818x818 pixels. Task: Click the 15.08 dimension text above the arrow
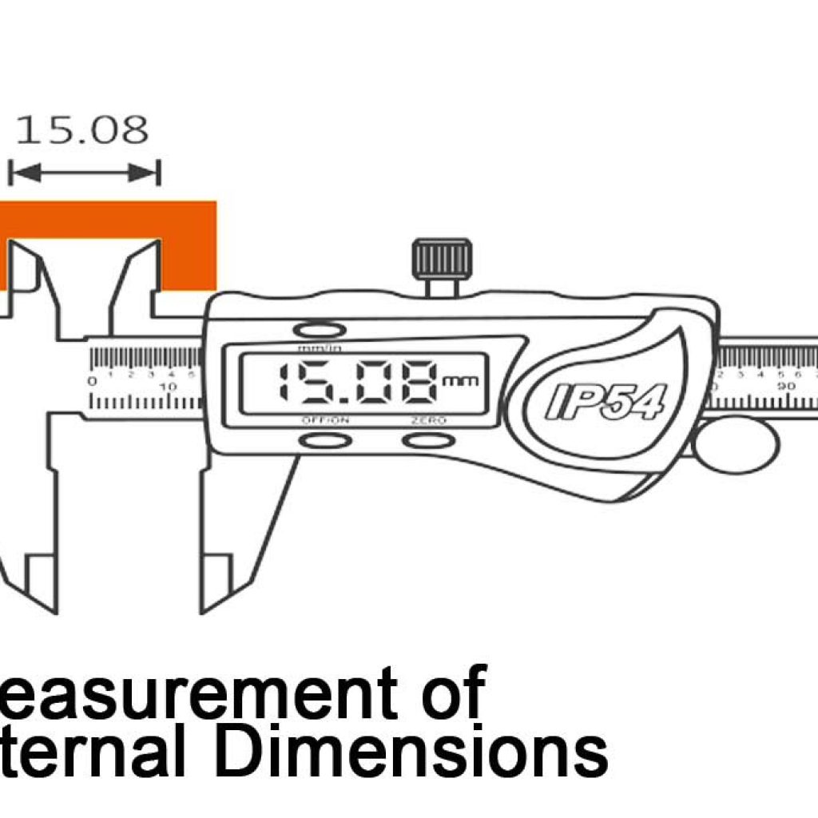point(82,130)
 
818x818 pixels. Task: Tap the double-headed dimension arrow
point(84,172)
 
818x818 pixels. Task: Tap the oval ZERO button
point(429,440)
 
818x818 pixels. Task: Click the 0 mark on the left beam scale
point(93,381)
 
